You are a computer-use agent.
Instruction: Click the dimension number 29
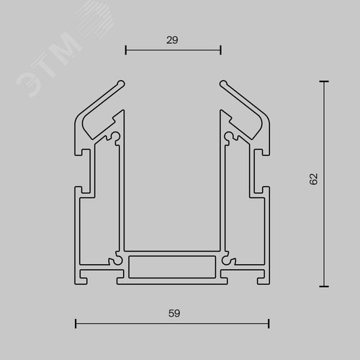(172, 40)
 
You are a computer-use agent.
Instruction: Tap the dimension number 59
(174, 313)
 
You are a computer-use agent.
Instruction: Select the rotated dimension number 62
(313, 179)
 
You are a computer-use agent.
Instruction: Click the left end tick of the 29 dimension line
(125, 50)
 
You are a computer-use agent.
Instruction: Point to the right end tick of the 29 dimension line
(221, 50)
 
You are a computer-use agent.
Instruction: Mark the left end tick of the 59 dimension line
(76, 323)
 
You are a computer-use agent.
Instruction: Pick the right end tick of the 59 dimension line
(269, 323)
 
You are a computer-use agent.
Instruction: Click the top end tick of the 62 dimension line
(324, 81)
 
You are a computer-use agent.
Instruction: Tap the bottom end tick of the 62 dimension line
(324, 287)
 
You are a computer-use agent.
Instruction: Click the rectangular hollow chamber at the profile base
(172, 267)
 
